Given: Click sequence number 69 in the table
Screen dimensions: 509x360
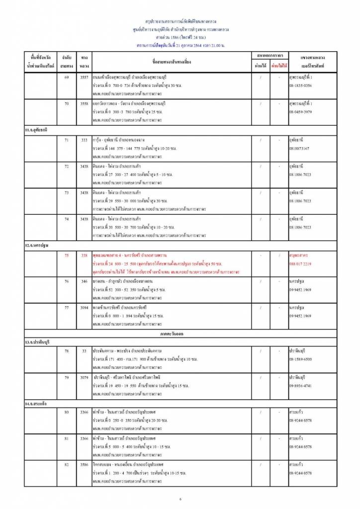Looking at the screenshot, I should pyautogui.click(x=67, y=78).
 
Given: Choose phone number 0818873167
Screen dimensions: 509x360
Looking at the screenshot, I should pyautogui.click(x=299, y=149).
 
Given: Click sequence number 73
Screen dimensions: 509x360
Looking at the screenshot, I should pyautogui.click(x=67, y=192).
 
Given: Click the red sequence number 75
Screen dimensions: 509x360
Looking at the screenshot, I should pyautogui.click(x=67, y=255).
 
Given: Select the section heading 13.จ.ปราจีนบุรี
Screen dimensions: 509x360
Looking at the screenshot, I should pyautogui.click(x=42, y=342).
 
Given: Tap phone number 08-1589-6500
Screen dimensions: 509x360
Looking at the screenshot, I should pyautogui.click(x=300, y=359).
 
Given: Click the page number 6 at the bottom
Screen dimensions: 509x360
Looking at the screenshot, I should pyautogui.click(x=180, y=499).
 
